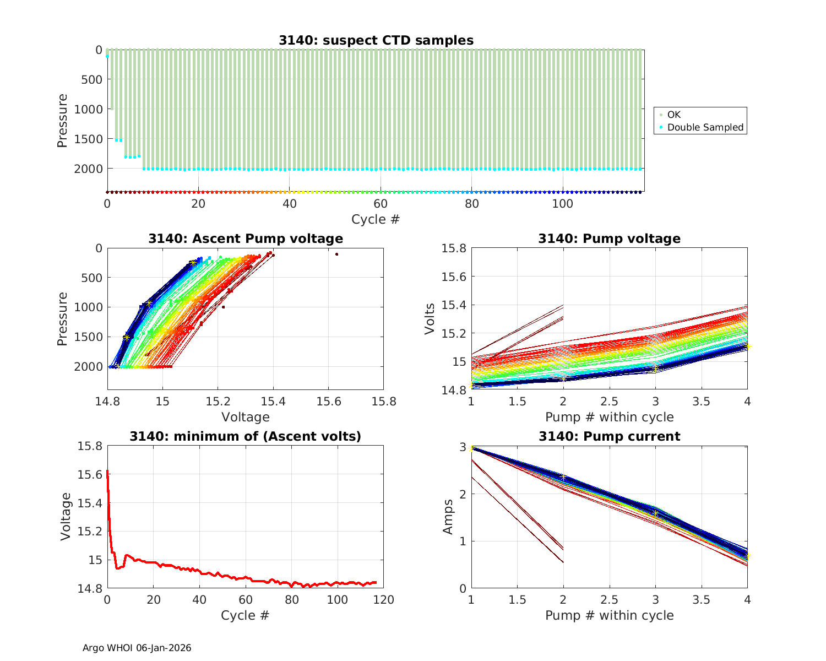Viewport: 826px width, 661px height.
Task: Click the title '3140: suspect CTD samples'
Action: click(x=376, y=40)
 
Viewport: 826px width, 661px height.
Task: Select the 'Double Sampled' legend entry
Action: click(x=705, y=127)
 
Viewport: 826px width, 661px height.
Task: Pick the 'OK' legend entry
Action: click(x=673, y=115)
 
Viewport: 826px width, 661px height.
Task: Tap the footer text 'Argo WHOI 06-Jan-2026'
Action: click(x=137, y=648)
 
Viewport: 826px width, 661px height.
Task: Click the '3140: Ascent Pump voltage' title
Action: click(x=246, y=239)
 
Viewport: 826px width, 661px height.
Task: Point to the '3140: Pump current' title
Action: click(x=609, y=436)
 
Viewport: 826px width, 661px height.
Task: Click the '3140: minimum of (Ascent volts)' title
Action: click(x=246, y=436)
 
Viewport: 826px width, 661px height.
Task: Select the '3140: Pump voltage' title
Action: click(x=609, y=239)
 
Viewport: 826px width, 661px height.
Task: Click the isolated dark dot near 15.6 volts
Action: click(x=336, y=254)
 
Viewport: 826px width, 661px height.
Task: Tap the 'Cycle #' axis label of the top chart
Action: click(x=376, y=219)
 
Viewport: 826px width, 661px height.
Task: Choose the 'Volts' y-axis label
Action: click(x=431, y=319)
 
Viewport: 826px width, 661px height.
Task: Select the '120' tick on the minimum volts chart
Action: click(x=383, y=600)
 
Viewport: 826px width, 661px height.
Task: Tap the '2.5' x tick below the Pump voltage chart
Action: click(x=609, y=402)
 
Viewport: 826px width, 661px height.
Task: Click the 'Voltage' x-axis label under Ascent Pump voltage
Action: click(x=246, y=417)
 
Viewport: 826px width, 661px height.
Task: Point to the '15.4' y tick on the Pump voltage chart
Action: click(x=454, y=305)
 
